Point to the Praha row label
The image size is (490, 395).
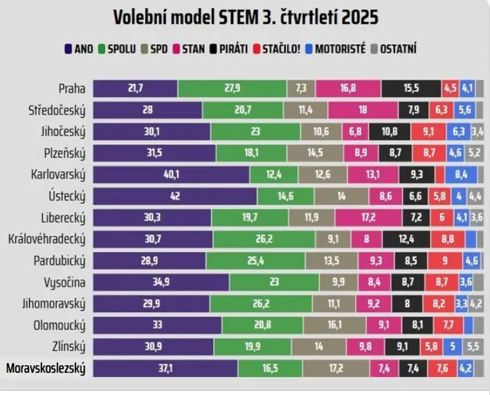pos(71,88)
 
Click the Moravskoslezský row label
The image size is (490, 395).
pos(45,369)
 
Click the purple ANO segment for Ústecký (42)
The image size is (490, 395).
pos(174,196)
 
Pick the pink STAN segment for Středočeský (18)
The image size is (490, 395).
pos(363,109)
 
